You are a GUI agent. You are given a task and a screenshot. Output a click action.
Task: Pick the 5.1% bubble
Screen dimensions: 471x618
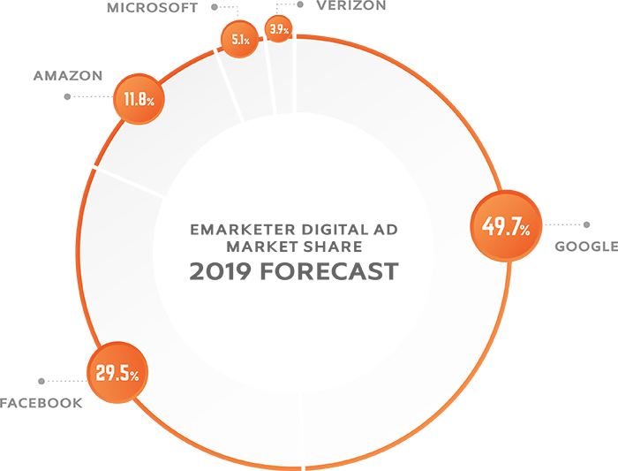[239, 39]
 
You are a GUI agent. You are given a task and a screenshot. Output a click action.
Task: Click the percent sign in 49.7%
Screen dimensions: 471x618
[524, 232]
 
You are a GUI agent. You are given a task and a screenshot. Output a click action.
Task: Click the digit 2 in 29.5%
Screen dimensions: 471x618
[100, 375]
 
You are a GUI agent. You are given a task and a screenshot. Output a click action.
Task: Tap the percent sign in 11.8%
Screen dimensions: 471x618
[151, 102]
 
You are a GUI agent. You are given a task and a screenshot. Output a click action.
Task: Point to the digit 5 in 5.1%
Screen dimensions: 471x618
[234, 39]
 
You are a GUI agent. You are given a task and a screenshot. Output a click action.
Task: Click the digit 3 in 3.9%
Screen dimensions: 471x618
[274, 29]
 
